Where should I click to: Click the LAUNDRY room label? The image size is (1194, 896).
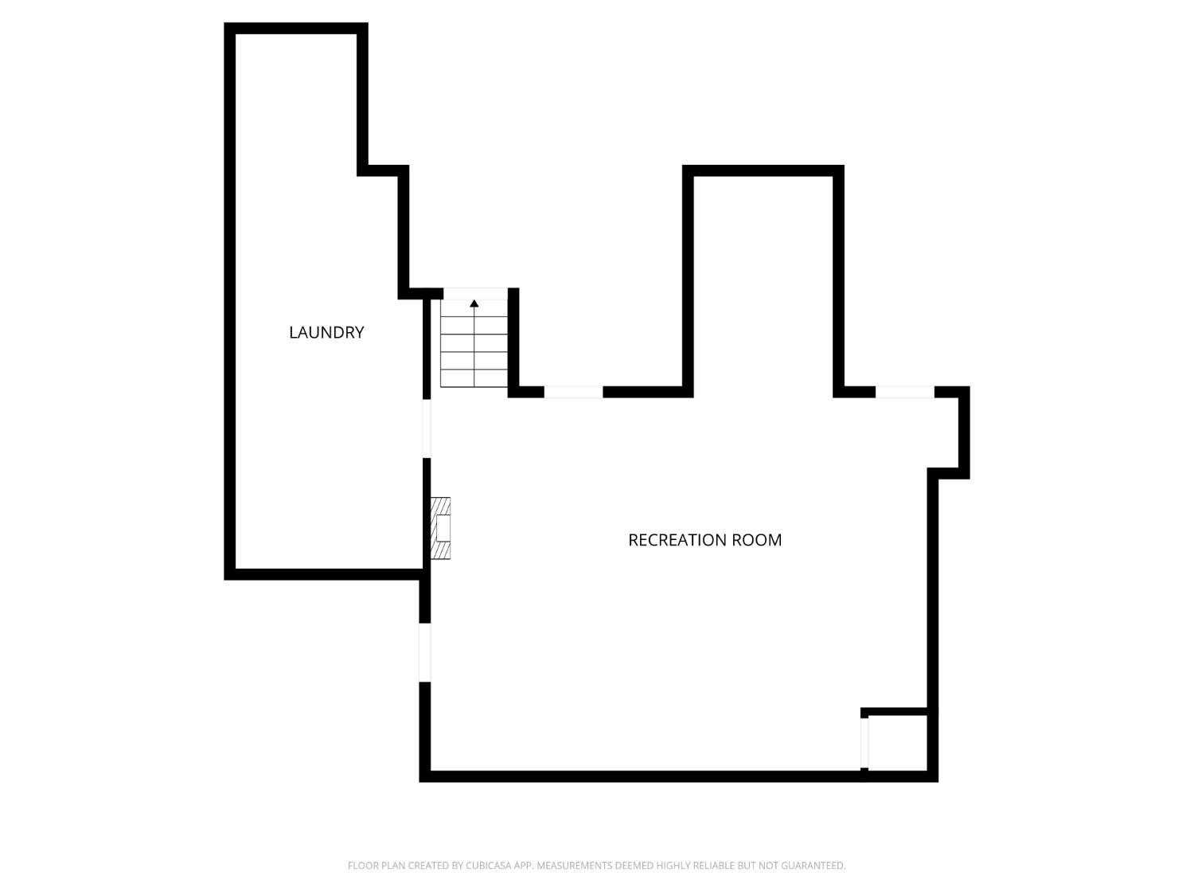click(326, 332)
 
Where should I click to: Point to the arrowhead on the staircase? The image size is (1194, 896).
click(474, 303)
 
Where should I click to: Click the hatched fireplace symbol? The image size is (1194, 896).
click(440, 528)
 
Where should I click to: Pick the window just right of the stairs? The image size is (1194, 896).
click(573, 392)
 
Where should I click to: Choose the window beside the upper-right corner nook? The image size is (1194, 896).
click(904, 392)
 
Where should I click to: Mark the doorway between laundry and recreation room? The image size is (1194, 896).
click(427, 428)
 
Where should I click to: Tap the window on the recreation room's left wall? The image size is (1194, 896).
click(425, 652)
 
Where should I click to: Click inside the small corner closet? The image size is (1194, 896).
click(897, 742)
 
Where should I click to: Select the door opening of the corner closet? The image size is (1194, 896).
click(864, 742)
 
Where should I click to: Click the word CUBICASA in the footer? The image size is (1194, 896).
click(488, 866)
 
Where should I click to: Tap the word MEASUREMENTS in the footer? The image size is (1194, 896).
click(574, 866)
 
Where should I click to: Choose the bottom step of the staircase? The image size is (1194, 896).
click(474, 379)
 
